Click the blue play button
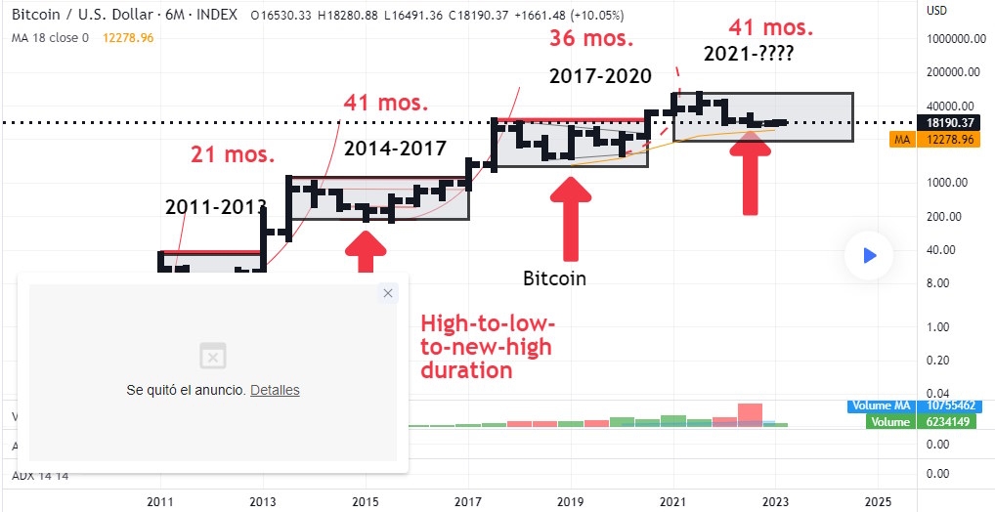point(869,255)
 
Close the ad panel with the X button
point(388,293)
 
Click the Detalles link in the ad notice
point(275,390)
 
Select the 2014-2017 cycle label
point(395,149)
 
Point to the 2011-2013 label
point(216,206)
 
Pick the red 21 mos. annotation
point(233,152)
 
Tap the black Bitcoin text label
point(554,278)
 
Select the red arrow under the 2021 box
point(750,176)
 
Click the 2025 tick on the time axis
point(878,501)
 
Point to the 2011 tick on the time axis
point(159,501)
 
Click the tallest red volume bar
point(750,415)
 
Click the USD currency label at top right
point(937,12)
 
